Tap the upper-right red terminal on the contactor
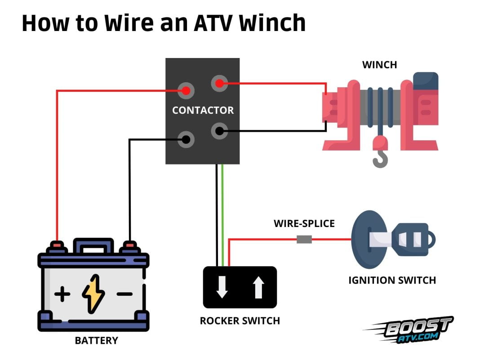click(x=219, y=84)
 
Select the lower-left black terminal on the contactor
click(x=186, y=139)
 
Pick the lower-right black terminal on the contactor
click(x=219, y=131)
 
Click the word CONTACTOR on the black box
click(x=203, y=110)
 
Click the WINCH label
click(x=380, y=65)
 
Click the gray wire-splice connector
click(x=304, y=240)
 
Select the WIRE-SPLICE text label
click(x=304, y=223)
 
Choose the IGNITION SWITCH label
click(x=392, y=280)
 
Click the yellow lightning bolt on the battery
click(x=93, y=294)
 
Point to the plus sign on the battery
click(x=62, y=295)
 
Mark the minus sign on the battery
click(x=124, y=294)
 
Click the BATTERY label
click(x=96, y=340)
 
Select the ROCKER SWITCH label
click(x=240, y=321)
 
